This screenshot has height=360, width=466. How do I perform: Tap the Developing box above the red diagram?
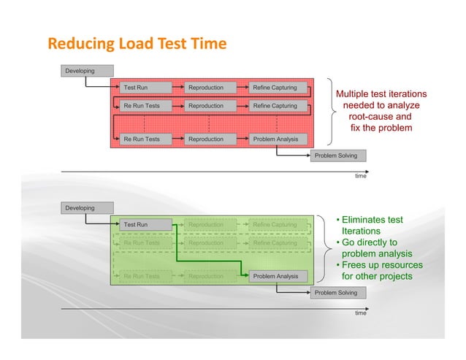[x=88, y=71]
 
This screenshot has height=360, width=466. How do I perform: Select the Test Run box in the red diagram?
[x=145, y=88]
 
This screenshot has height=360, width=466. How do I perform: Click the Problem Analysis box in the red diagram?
[x=276, y=138]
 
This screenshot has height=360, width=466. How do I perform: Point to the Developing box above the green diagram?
[x=88, y=208]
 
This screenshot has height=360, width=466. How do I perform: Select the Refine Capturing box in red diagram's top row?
[x=276, y=88]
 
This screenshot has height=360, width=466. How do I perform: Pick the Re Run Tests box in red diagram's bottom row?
[x=145, y=138]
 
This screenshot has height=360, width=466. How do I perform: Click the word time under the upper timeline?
[x=360, y=176]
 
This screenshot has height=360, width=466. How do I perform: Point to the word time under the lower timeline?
[x=360, y=313]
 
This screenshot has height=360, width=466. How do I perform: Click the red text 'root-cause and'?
[x=380, y=117]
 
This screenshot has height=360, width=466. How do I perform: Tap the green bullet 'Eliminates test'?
[x=373, y=220]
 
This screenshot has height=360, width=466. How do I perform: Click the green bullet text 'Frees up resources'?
[x=376, y=265]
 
